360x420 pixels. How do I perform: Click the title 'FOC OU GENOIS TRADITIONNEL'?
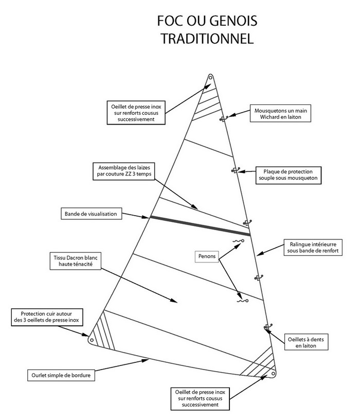[206, 30]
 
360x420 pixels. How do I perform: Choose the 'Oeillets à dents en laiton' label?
[306, 342]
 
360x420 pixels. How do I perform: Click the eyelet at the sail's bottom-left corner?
[91, 340]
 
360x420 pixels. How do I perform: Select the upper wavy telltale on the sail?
[237, 241]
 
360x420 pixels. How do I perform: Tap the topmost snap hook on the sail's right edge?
[224, 119]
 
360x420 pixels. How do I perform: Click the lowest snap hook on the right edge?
[266, 326]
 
